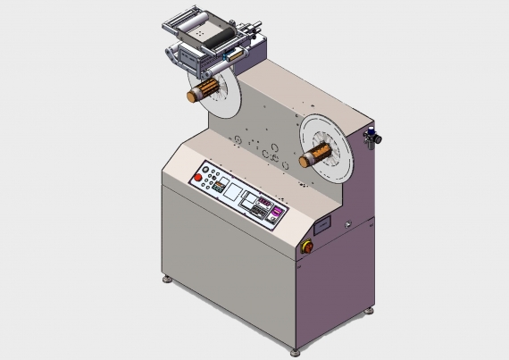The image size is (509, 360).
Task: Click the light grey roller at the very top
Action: [192, 18]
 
